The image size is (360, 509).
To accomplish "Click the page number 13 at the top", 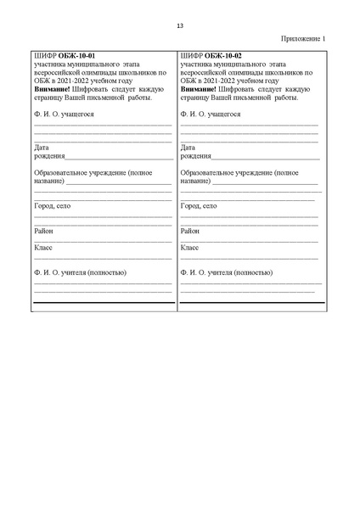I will click(x=180, y=25).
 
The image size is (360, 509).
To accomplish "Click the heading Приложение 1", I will click(x=302, y=39).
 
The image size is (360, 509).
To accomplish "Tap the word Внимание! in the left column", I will click(x=53, y=88).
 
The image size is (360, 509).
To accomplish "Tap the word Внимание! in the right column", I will click(x=199, y=88).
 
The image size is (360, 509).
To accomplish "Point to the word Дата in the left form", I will click(x=42, y=147).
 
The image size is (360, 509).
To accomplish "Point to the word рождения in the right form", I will click(x=196, y=156).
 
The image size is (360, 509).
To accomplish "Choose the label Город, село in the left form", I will click(x=53, y=205).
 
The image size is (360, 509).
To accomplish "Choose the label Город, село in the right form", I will click(x=199, y=205).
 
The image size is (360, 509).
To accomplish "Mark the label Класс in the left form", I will click(x=43, y=248).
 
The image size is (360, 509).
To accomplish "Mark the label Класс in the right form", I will click(x=189, y=248).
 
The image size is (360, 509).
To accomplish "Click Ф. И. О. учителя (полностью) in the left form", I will click(x=80, y=272).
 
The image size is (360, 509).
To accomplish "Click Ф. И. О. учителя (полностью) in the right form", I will click(x=227, y=272).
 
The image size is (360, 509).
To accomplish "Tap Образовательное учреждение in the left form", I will click(x=81, y=172).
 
